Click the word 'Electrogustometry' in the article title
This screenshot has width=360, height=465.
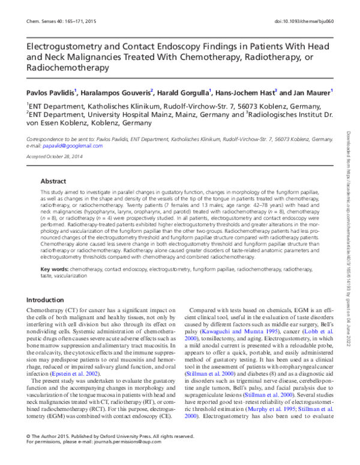(x=65, y=46)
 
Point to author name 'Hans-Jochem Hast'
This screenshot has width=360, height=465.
(x=247, y=93)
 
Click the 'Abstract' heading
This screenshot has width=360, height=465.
(x=53, y=180)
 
